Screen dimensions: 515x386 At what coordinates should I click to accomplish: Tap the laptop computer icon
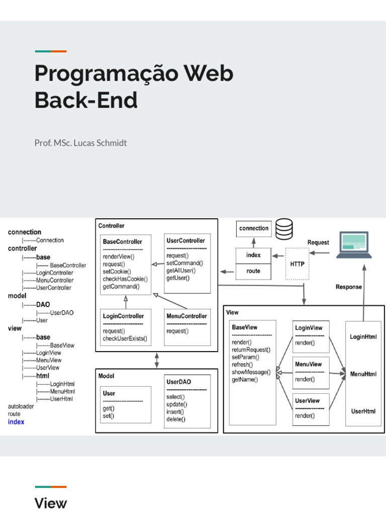354,245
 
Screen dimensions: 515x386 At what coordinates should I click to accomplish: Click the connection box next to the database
254,228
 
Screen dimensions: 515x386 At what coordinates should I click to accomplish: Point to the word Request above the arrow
318,242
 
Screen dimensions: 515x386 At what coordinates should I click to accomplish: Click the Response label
348,287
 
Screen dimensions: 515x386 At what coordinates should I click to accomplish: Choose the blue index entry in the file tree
16,421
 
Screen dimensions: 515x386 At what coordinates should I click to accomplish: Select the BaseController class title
123,242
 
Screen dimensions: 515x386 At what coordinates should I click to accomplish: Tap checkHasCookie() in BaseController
125,279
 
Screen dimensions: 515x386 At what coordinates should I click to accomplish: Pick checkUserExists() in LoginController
125,338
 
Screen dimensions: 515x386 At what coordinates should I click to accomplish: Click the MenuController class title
186,316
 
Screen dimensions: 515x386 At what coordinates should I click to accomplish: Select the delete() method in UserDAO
176,419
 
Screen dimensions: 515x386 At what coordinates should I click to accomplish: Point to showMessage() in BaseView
251,372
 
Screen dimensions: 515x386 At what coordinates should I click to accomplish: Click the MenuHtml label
363,374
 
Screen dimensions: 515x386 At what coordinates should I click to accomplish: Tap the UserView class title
308,401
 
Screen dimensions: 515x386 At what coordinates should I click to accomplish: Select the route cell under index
253,270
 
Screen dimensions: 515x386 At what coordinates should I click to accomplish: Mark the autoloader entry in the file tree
21,406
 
